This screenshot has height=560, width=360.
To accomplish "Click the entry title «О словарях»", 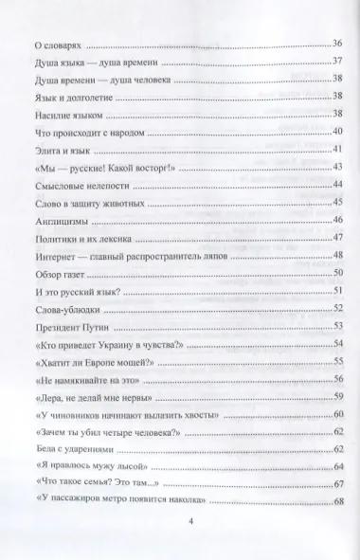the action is coord(59,44).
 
